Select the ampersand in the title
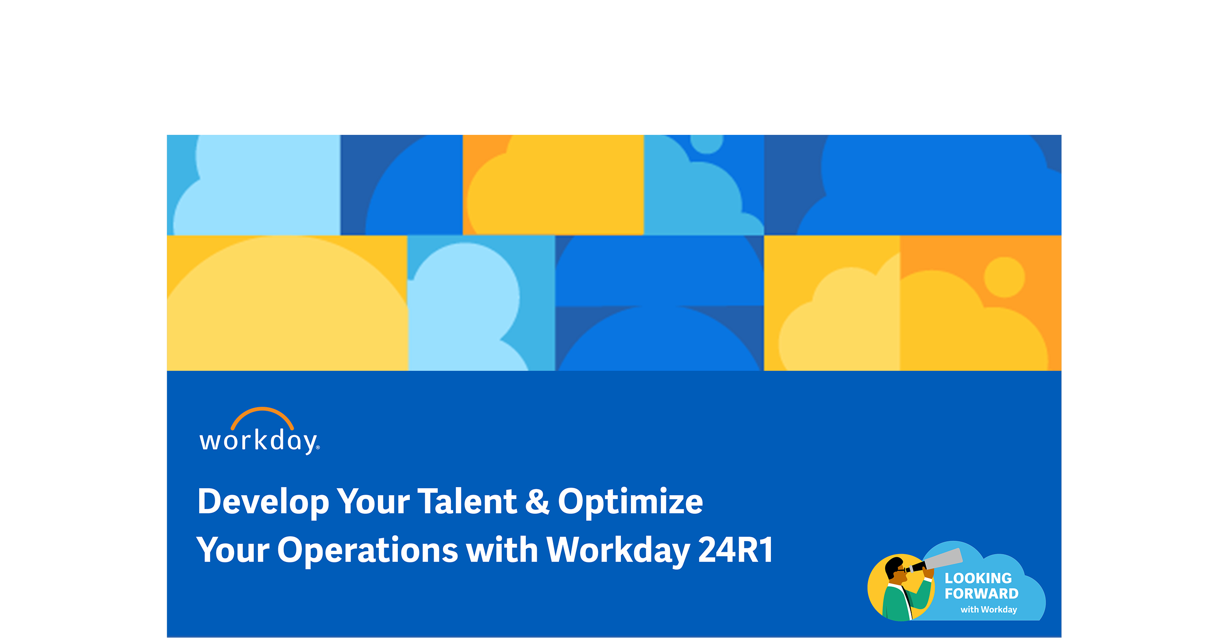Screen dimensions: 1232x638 (x=537, y=501)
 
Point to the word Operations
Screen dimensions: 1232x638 (x=367, y=550)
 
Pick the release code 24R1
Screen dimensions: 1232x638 (x=735, y=550)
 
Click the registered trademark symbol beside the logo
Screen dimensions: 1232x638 (x=318, y=448)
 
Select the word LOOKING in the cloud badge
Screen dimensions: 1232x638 (x=978, y=578)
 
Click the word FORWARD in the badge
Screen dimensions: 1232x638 (x=982, y=593)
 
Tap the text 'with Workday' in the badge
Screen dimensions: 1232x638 (x=989, y=609)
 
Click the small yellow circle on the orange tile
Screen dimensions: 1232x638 (x=1005, y=277)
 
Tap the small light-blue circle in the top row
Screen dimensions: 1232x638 (x=707, y=141)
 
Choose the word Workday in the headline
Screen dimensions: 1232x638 (x=617, y=550)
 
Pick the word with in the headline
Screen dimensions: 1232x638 (x=502, y=550)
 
